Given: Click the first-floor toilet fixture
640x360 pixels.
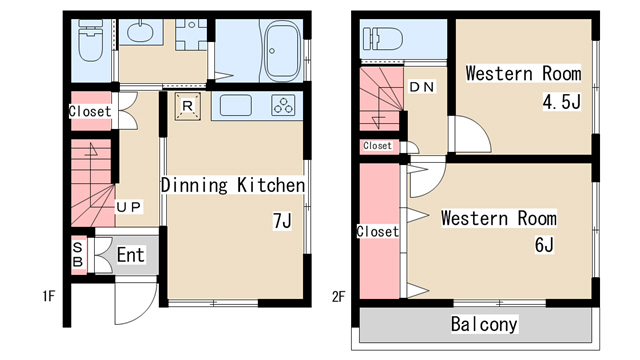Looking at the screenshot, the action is point(91,40).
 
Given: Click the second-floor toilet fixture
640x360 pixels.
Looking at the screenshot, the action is point(382,38).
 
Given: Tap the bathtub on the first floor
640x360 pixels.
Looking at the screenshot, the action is point(283,51).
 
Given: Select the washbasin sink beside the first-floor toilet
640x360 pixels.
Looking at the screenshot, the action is point(140,31).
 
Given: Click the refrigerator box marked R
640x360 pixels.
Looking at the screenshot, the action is point(188,107).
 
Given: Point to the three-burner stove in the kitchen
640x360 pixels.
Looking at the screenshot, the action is point(283,105).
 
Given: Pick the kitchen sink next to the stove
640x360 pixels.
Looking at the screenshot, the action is point(236,105).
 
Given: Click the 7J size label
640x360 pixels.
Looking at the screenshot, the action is point(282,221).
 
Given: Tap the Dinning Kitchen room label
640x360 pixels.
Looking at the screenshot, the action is point(233,185).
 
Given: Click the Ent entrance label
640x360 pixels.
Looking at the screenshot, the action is point(131,255).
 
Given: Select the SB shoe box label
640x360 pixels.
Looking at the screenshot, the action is point(78,254).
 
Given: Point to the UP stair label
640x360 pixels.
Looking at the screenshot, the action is point(129,207).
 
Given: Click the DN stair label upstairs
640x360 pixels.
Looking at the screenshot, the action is point(422,87).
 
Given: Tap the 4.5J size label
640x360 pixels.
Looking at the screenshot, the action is point(562,101).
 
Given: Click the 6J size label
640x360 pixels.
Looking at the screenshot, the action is point(544,244).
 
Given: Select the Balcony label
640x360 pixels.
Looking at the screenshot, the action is point(484,324).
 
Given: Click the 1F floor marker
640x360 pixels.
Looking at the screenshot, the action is point(49,296).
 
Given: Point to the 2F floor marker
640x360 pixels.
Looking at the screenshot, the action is point(339,297).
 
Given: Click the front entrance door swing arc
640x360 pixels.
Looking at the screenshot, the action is point(145,312).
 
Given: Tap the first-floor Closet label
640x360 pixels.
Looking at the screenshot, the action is point(90,111).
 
